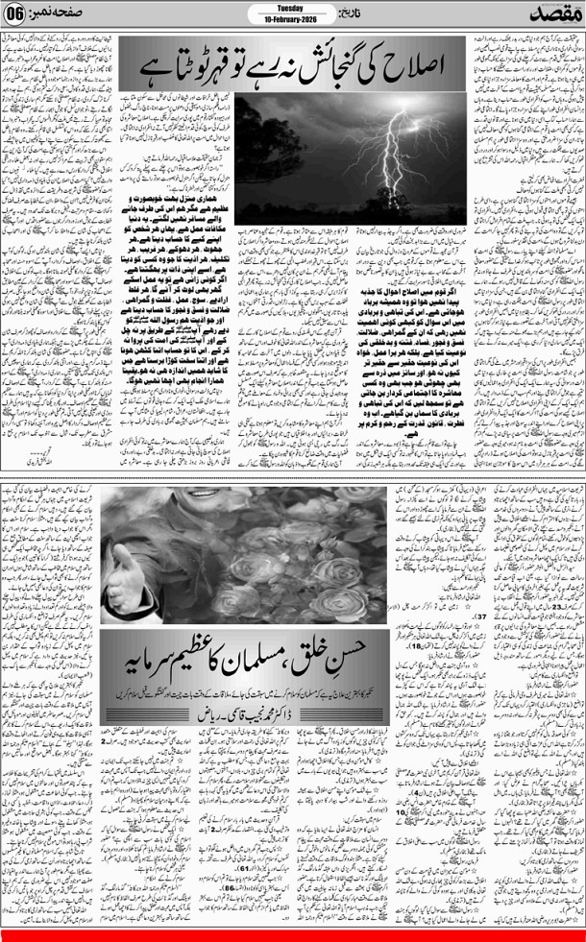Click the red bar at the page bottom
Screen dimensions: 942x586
coord(293,935)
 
